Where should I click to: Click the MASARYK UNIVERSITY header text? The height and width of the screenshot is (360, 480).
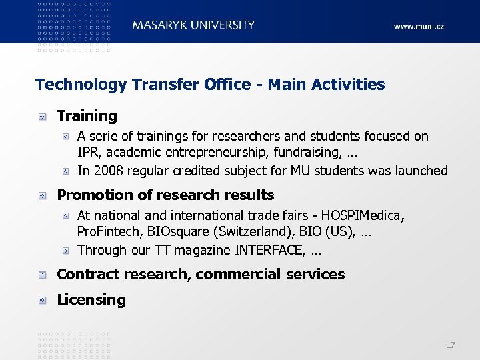pyautogui.click(x=193, y=25)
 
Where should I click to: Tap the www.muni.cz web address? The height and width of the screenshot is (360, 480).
pyautogui.click(x=418, y=27)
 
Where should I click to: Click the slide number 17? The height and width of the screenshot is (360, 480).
pyautogui.click(x=451, y=345)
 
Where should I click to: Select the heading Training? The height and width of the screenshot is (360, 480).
pyautogui.click(x=87, y=116)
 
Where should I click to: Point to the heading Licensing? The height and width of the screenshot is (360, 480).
pyautogui.click(x=91, y=300)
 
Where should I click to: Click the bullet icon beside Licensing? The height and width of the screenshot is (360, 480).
pyautogui.click(x=43, y=300)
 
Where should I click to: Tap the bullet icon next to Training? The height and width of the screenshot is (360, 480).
pyautogui.click(x=43, y=116)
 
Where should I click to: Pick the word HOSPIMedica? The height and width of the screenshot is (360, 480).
pyautogui.click(x=363, y=216)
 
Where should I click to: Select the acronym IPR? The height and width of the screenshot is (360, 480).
pyautogui.click(x=88, y=153)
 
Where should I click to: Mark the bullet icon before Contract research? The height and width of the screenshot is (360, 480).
pyautogui.click(x=43, y=275)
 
